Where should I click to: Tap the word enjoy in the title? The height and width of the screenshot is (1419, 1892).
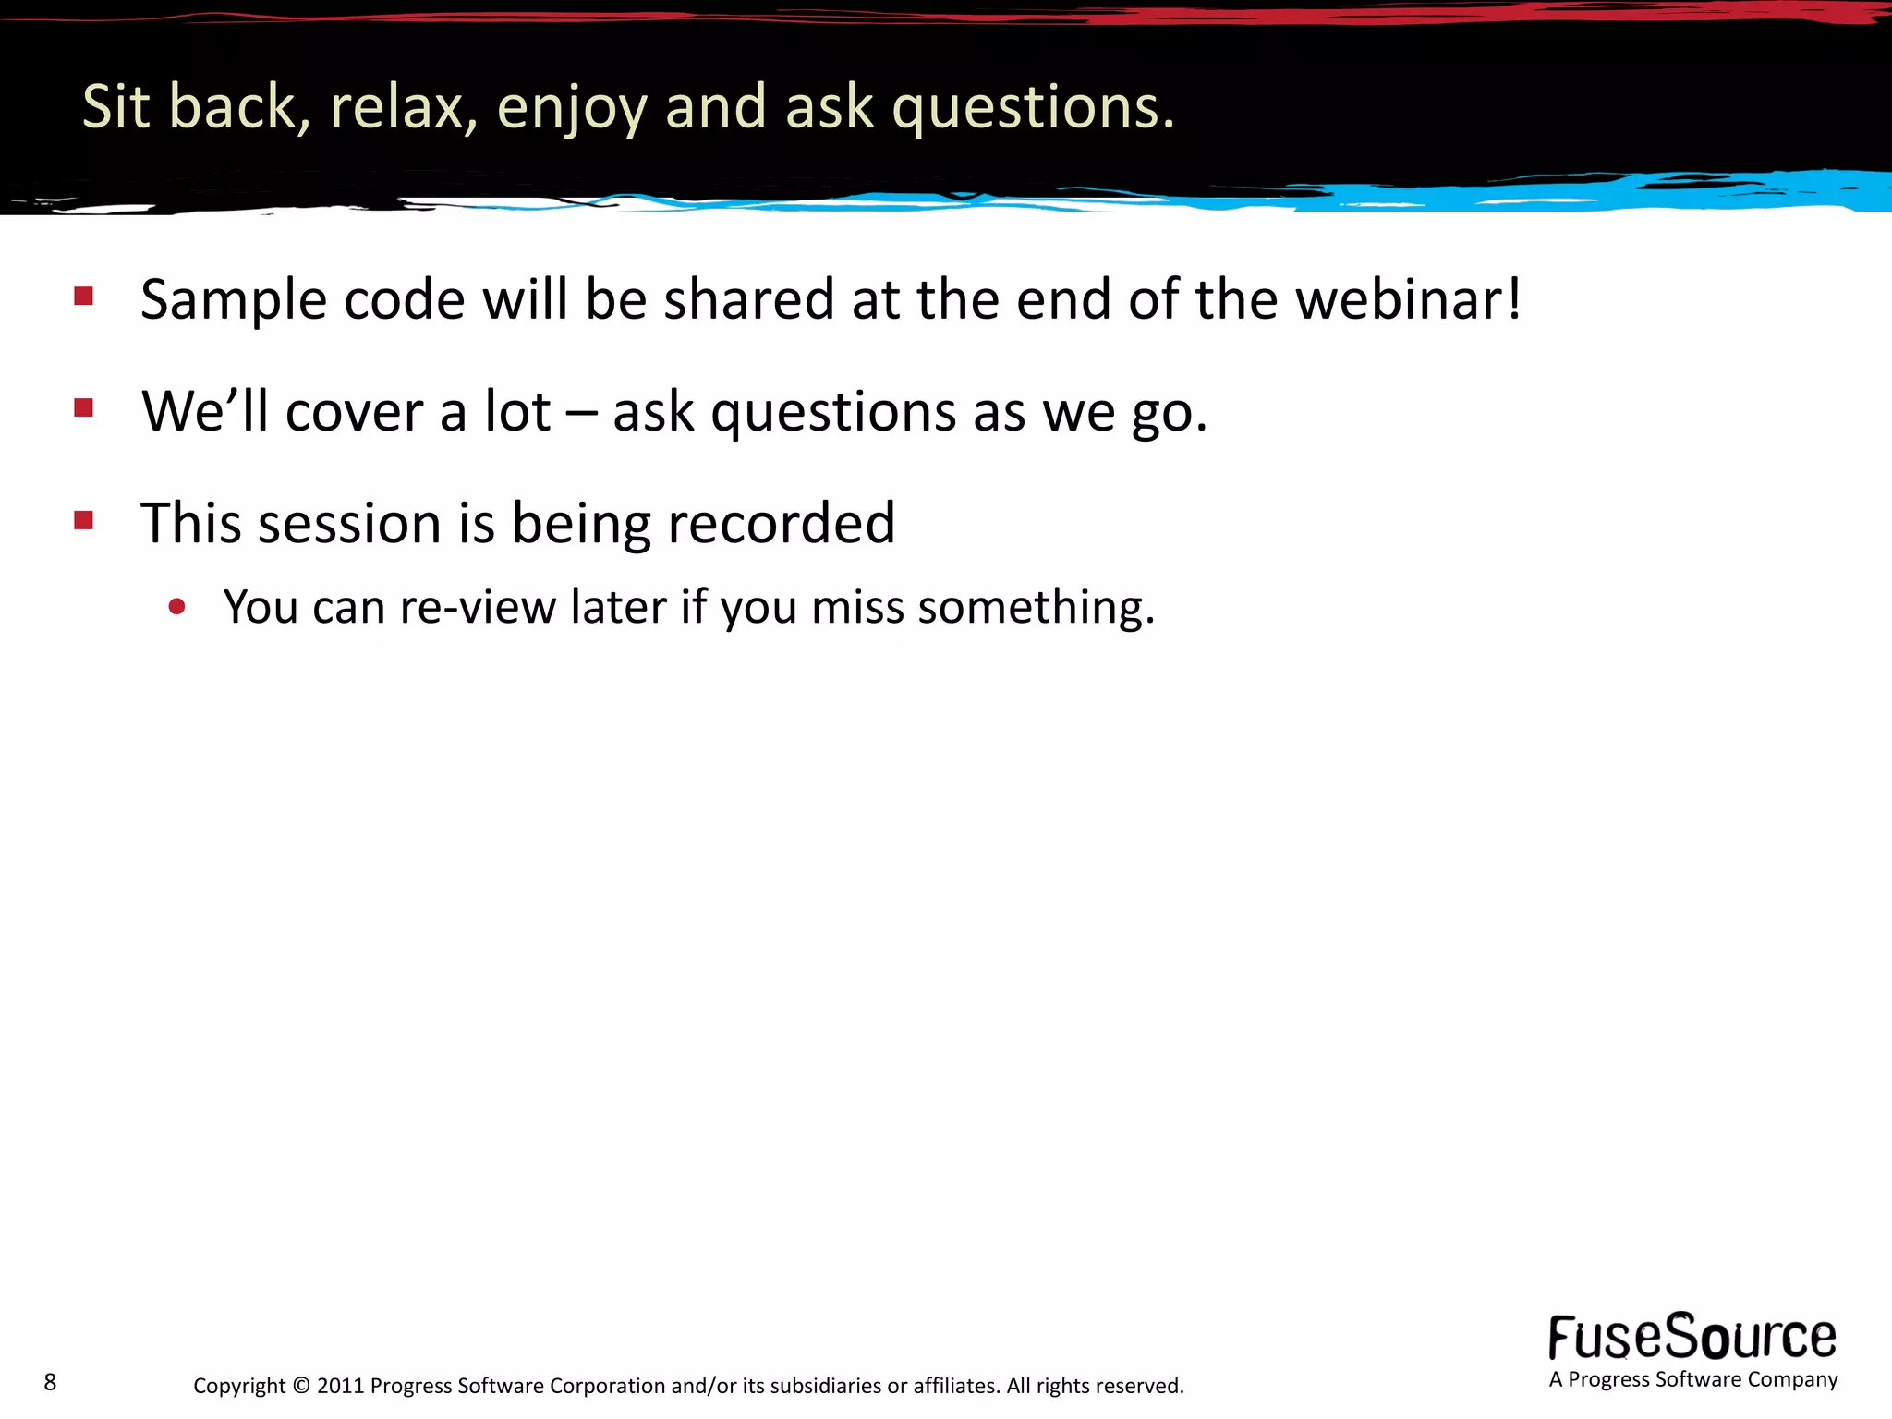571,109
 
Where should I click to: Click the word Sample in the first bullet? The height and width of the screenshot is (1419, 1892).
234,301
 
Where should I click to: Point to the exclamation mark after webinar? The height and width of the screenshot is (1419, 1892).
1513,299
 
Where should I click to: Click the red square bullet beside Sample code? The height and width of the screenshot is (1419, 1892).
84,296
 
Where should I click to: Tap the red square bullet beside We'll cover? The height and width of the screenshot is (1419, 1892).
84,407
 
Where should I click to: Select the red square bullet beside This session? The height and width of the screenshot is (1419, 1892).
84,520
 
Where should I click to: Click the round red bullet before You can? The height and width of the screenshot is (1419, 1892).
177,607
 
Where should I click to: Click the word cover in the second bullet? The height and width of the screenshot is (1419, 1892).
353,413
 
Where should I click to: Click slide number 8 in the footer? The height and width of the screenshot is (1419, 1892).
50,1382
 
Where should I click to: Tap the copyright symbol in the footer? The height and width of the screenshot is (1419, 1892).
301,1386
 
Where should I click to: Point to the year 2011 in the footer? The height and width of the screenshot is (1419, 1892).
340,1386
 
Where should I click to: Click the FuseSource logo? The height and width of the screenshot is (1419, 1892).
1692,1337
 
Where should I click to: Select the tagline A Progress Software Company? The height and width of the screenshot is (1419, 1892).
1692,1380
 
